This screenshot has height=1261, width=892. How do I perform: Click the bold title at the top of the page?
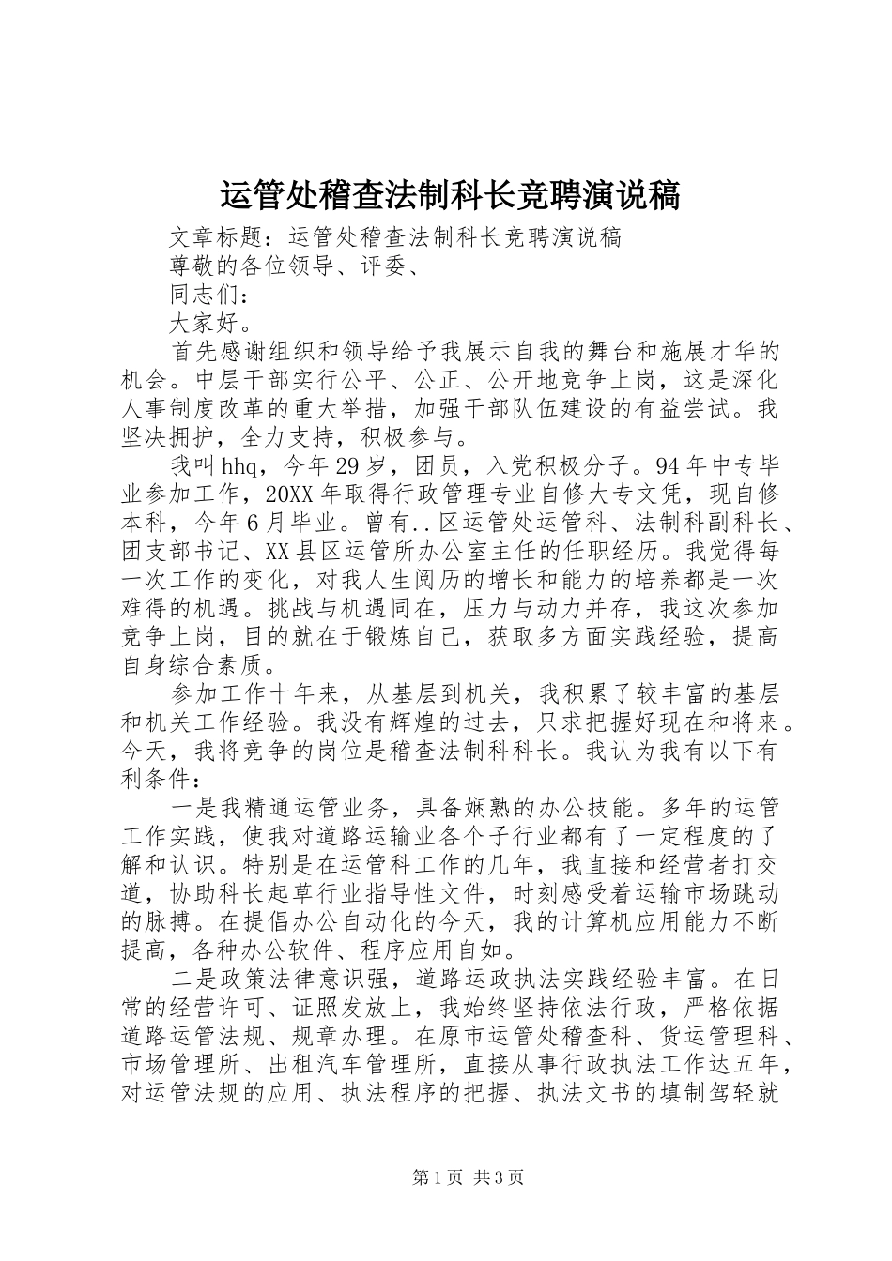(x=449, y=195)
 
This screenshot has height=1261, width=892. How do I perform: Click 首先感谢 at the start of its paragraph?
(x=216, y=353)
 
